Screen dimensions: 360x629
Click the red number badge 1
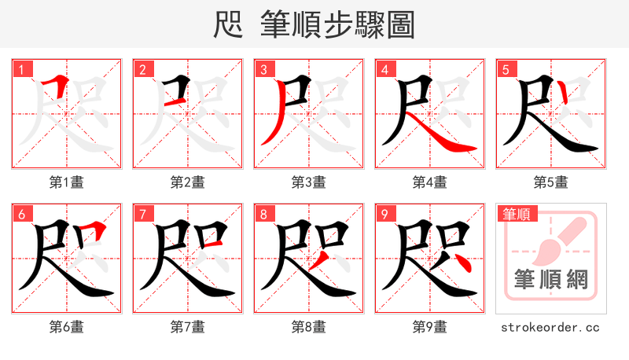click(21, 68)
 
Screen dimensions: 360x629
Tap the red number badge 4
click(384, 68)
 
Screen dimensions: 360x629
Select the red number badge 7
click(142, 213)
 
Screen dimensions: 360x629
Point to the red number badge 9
click(384, 213)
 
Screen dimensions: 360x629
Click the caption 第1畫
click(67, 182)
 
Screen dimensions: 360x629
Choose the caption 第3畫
click(309, 182)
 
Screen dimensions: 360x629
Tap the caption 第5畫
click(551, 182)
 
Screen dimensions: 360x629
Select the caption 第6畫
click(67, 326)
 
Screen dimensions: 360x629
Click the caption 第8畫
click(309, 326)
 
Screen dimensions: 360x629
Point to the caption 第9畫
click(430, 326)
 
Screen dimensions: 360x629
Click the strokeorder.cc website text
click(551, 326)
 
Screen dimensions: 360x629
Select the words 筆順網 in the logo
click(552, 280)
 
